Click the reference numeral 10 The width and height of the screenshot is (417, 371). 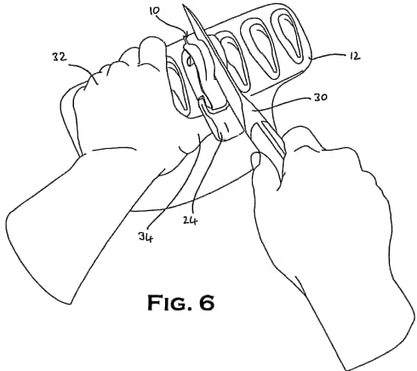(x=155, y=10)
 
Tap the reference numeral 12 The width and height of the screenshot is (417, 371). (x=354, y=56)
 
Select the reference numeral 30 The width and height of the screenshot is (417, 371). (x=320, y=97)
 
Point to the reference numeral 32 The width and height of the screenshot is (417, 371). (x=60, y=57)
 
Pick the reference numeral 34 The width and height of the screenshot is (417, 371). (x=146, y=237)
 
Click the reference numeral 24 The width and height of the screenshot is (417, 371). (x=190, y=220)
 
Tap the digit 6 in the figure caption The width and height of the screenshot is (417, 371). (x=207, y=302)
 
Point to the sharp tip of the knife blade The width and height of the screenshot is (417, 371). (x=183, y=5)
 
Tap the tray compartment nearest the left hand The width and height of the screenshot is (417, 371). (x=178, y=87)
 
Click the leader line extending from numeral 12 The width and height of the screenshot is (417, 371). (x=329, y=56)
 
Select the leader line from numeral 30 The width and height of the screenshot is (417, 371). (x=281, y=104)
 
